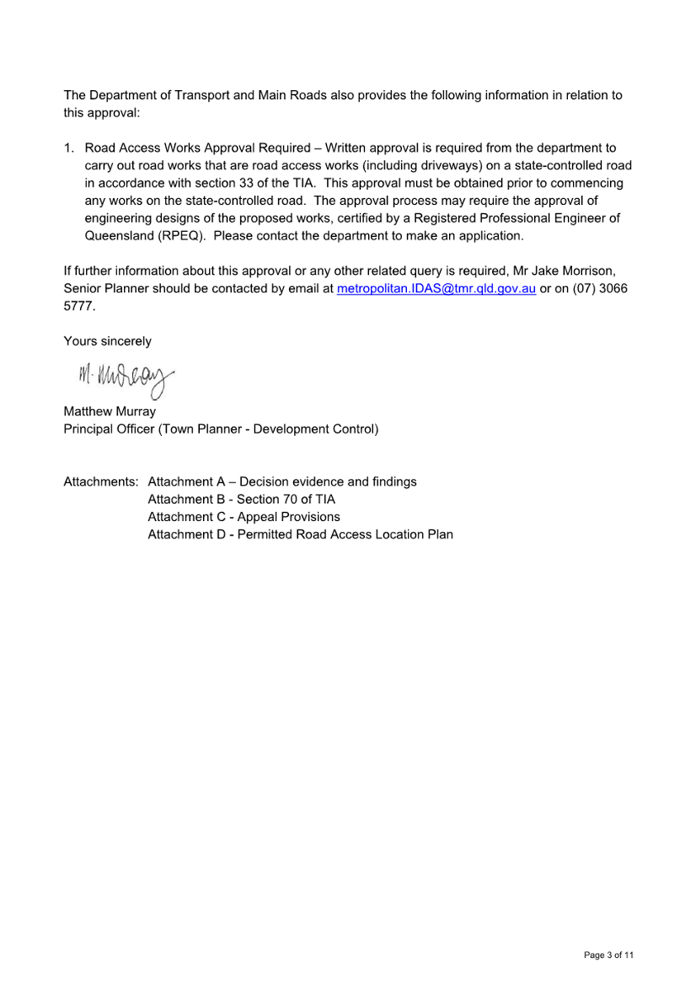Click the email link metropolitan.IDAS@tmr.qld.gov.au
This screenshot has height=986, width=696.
click(x=437, y=288)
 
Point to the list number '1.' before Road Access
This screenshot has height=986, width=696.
click(x=69, y=149)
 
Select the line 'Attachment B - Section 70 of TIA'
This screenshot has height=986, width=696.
click(x=241, y=500)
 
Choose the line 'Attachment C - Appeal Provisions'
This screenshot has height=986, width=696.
click(x=244, y=517)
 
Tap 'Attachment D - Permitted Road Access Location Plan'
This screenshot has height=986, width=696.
click(x=300, y=534)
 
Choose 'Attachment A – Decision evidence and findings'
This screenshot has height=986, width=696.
click(x=282, y=482)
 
